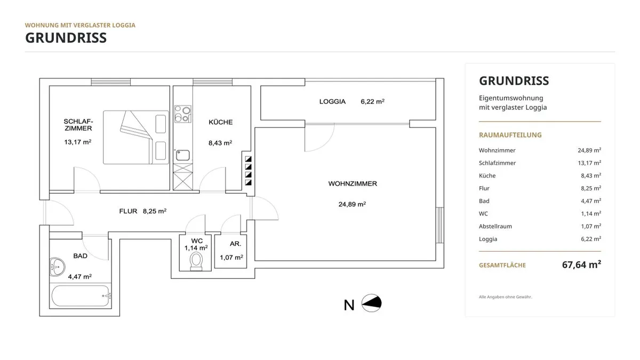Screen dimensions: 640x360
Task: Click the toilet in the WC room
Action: click(x=196, y=261)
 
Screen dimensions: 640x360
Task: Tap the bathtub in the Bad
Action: click(x=81, y=295)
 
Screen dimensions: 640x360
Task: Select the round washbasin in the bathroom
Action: click(x=57, y=267)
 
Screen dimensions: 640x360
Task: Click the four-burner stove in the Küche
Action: click(x=183, y=114)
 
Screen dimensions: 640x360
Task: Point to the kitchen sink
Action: click(x=182, y=155)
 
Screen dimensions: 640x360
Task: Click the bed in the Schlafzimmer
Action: click(x=135, y=138)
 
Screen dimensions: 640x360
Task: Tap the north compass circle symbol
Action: click(x=371, y=303)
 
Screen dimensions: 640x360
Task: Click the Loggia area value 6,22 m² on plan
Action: click(x=373, y=101)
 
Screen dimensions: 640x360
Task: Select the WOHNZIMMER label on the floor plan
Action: click(x=353, y=183)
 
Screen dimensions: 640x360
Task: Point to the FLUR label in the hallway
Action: click(x=129, y=211)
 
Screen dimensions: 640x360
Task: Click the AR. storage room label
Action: click(x=235, y=244)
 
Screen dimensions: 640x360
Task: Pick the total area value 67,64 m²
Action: click(x=581, y=265)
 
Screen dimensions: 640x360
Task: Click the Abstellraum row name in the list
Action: click(x=495, y=226)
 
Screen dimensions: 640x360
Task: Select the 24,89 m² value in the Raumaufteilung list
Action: click(x=589, y=150)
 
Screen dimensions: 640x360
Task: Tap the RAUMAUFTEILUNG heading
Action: click(x=510, y=135)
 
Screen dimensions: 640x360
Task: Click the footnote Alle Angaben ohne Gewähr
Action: click(x=506, y=297)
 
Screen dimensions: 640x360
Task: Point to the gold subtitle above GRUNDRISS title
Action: click(x=80, y=25)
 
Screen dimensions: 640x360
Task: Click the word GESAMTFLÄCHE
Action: click(x=502, y=265)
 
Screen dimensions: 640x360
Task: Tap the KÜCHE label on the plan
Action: click(x=221, y=122)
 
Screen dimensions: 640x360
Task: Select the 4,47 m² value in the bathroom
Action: click(x=79, y=277)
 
